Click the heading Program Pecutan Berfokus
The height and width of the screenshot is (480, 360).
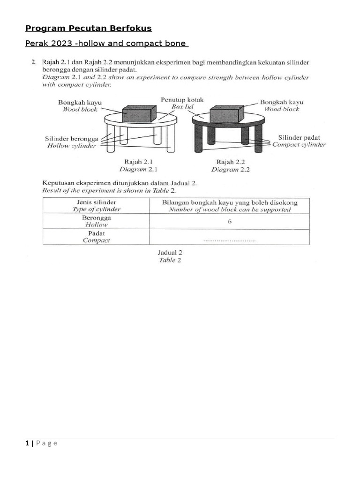click(88, 29)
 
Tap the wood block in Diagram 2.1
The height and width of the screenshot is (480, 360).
click(139, 114)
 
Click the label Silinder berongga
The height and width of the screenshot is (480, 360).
click(71, 139)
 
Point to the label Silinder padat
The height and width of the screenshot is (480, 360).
click(299, 138)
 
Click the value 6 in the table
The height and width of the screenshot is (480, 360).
click(230, 221)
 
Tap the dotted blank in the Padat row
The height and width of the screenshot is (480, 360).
click(230, 240)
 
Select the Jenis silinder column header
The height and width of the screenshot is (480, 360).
click(96, 202)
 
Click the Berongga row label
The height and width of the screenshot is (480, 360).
click(96, 217)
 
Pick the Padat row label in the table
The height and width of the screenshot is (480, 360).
click(96, 233)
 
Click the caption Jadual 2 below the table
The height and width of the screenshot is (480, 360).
click(170, 252)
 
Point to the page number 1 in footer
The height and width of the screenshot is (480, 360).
click(27, 443)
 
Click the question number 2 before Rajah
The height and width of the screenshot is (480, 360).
click(33, 61)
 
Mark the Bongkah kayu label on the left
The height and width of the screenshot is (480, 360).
click(80, 102)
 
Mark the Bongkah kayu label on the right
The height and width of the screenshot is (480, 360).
click(282, 102)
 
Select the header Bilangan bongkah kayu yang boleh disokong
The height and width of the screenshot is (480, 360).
click(230, 202)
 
